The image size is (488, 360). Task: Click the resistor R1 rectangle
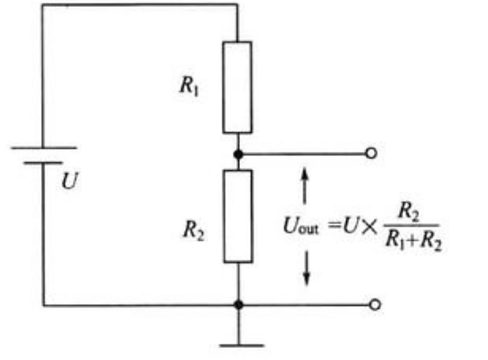237,87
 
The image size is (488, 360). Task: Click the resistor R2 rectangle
238,216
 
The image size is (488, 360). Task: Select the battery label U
69,182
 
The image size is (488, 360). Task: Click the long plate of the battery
43,148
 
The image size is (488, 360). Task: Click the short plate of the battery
43,163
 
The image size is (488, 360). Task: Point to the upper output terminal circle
371,153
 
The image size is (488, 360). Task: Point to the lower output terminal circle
375,305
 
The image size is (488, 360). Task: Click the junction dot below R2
239,305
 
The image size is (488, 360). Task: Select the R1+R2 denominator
413,244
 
